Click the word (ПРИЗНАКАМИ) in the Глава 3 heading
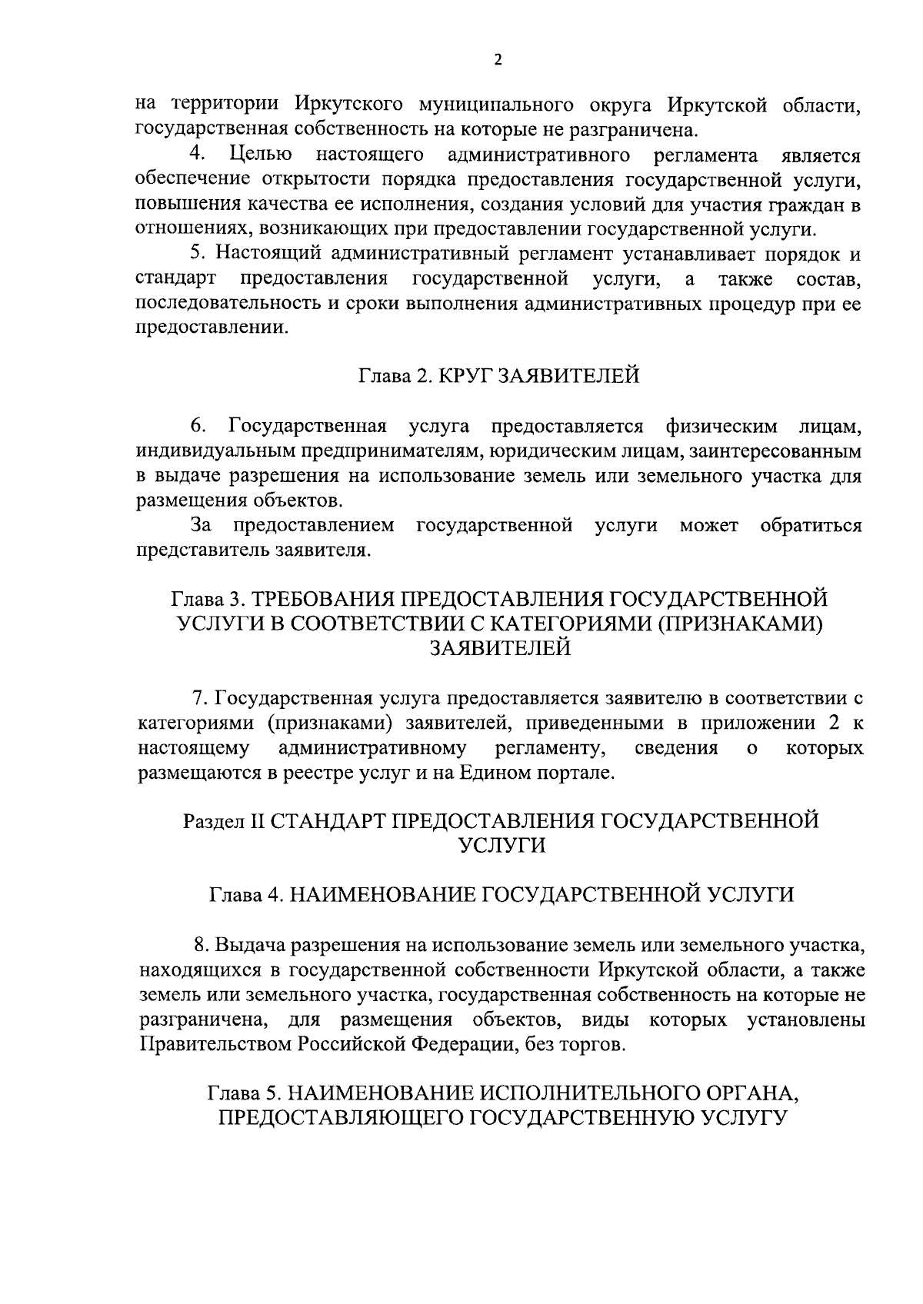click(738, 624)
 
